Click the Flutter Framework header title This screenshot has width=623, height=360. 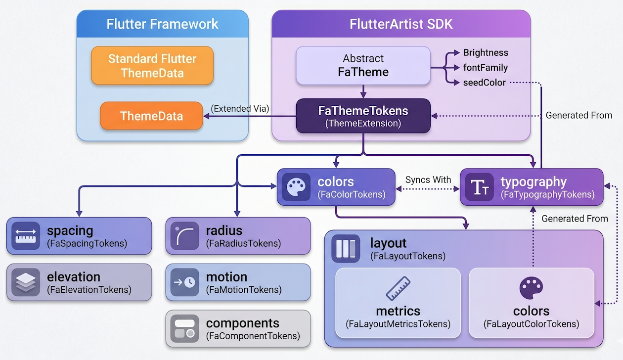[162, 24]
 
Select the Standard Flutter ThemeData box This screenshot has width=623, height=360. [152, 66]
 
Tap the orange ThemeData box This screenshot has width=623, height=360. [151, 116]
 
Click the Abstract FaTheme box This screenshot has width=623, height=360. [363, 66]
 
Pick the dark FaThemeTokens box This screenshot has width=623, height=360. [363, 116]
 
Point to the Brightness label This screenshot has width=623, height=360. [486, 53]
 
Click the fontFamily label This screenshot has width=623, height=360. [486, 68]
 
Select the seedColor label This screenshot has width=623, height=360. [485, 83]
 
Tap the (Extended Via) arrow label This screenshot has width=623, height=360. [240, 109]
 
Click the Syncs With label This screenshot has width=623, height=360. [428, 180]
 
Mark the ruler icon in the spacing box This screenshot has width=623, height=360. [26, 236]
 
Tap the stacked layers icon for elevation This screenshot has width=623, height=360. [26, 282]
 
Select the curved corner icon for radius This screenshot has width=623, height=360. [185, 236]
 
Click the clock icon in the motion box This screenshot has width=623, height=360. [185, 282]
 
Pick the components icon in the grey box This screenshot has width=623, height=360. [185, 329]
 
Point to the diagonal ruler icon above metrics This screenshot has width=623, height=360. [398, 289]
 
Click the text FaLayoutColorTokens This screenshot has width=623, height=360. [531, 324]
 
